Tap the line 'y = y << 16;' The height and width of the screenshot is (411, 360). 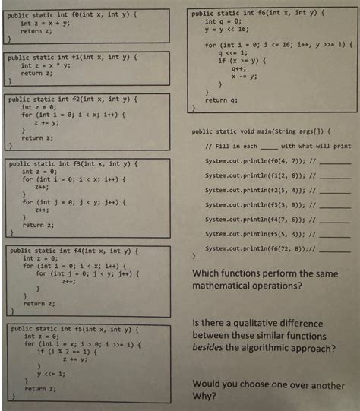pyautogui.click(x=227, y=30)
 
